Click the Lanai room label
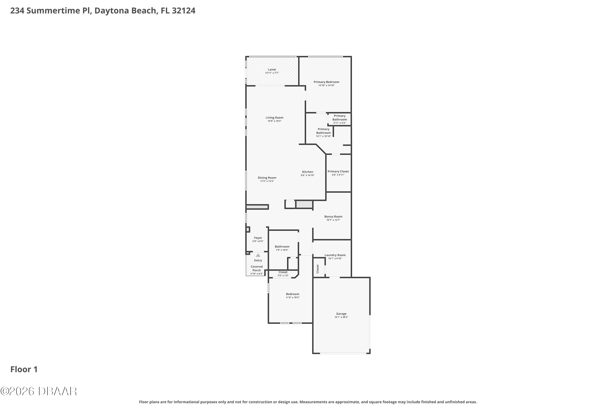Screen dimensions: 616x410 tap(272, 69)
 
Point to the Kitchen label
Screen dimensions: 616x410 tap(307, 172)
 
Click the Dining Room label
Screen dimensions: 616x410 tap(267, 178)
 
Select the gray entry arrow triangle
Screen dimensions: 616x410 tap(258, 255)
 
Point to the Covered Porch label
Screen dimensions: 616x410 tap(257, 269)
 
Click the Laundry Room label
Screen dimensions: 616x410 tap(335, 255)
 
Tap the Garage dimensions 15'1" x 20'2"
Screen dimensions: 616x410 tap(341, 317)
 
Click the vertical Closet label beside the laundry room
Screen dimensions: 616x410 tap(318, 269)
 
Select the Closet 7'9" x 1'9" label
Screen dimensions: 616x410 tap(283, 274)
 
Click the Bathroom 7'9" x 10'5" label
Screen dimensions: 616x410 tap(282, 248)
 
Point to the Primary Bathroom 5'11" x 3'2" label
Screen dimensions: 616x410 tap(340, 119)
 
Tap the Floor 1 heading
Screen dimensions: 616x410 tap(24, 369)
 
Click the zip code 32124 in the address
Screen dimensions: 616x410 tap(184, 11)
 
